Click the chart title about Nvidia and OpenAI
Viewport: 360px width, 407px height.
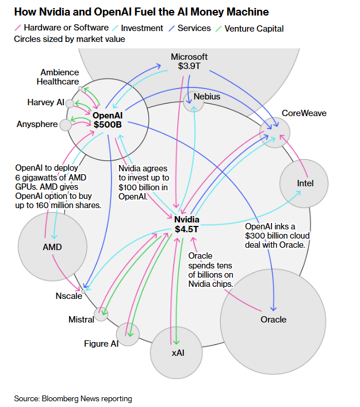point(141,12)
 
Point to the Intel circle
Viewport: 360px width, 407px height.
point(304,183)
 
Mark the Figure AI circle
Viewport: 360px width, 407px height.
point(128,334)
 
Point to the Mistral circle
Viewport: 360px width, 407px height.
point(102,313)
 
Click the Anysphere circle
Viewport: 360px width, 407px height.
point(66,124)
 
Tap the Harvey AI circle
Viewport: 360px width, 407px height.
point(70,103)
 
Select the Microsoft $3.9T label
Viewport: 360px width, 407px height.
point(189,61)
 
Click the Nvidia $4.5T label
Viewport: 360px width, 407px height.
point(186,225)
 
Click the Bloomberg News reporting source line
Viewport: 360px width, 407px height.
point(73,398)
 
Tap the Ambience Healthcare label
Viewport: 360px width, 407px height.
point(58,76)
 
